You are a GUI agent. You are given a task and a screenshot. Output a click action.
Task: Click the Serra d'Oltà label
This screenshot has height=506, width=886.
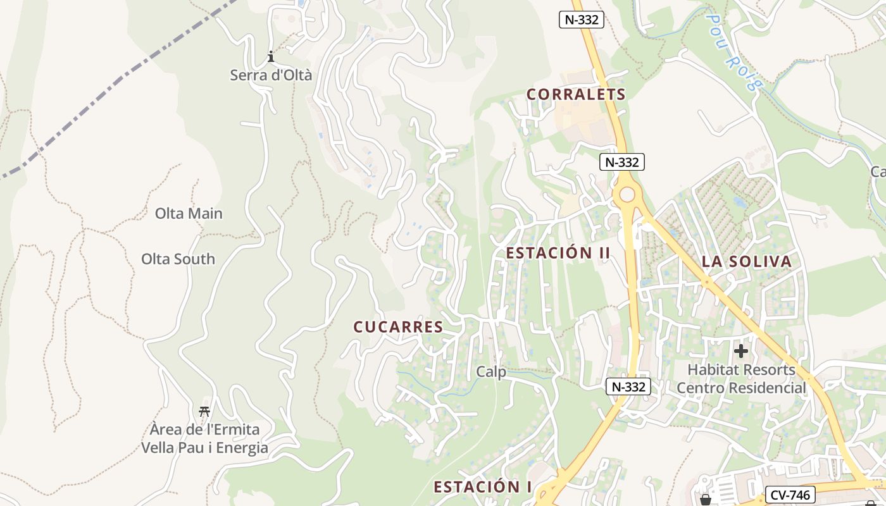[x=271, y=75]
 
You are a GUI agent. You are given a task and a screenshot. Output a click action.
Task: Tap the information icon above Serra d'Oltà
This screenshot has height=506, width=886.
[x=271, y=57]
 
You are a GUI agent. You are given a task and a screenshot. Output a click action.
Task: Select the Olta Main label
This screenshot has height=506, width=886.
[x=189, y=214]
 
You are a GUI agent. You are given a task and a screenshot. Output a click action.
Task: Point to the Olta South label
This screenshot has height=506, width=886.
[x=178, y=259]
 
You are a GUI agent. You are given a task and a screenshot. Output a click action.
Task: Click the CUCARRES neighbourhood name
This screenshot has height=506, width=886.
[x=398, y=327]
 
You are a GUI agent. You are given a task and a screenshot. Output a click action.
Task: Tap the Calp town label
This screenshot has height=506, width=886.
[x=491, y=372]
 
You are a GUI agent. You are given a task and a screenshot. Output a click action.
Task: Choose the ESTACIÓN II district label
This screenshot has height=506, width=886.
[x=558, y=253]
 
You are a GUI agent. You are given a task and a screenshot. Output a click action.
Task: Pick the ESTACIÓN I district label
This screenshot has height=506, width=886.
[x=482, y=487]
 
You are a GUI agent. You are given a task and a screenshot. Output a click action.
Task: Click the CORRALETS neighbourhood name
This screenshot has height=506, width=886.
[x=576, y=95]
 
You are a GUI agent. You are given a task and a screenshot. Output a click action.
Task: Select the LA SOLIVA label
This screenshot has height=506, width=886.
[x=746, y=262]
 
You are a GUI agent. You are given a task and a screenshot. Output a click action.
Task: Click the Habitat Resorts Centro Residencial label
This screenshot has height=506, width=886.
[x=742, y=378]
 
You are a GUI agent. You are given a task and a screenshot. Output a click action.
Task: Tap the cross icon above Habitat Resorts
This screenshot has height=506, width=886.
[x=741, y=350]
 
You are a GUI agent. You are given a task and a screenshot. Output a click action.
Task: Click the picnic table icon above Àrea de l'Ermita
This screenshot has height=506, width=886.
[x=204, y=412]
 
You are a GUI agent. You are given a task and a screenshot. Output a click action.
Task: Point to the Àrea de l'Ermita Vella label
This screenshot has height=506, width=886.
[x=204, y=439]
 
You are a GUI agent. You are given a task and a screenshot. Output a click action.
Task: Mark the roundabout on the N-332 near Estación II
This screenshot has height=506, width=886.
[x=627, y=194]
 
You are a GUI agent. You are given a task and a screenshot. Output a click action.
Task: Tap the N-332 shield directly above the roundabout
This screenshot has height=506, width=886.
[x=621, y=162]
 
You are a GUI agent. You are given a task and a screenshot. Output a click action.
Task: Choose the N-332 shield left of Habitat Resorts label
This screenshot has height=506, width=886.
[x=628, y=386]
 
